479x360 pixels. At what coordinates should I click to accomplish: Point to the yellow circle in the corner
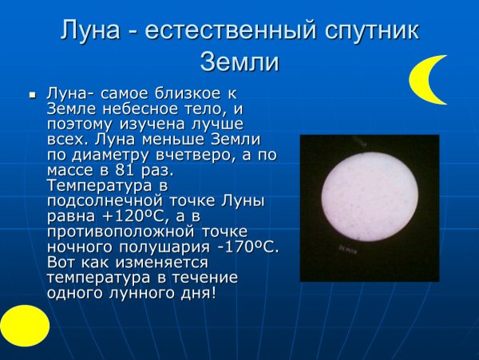tap(24, 326)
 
